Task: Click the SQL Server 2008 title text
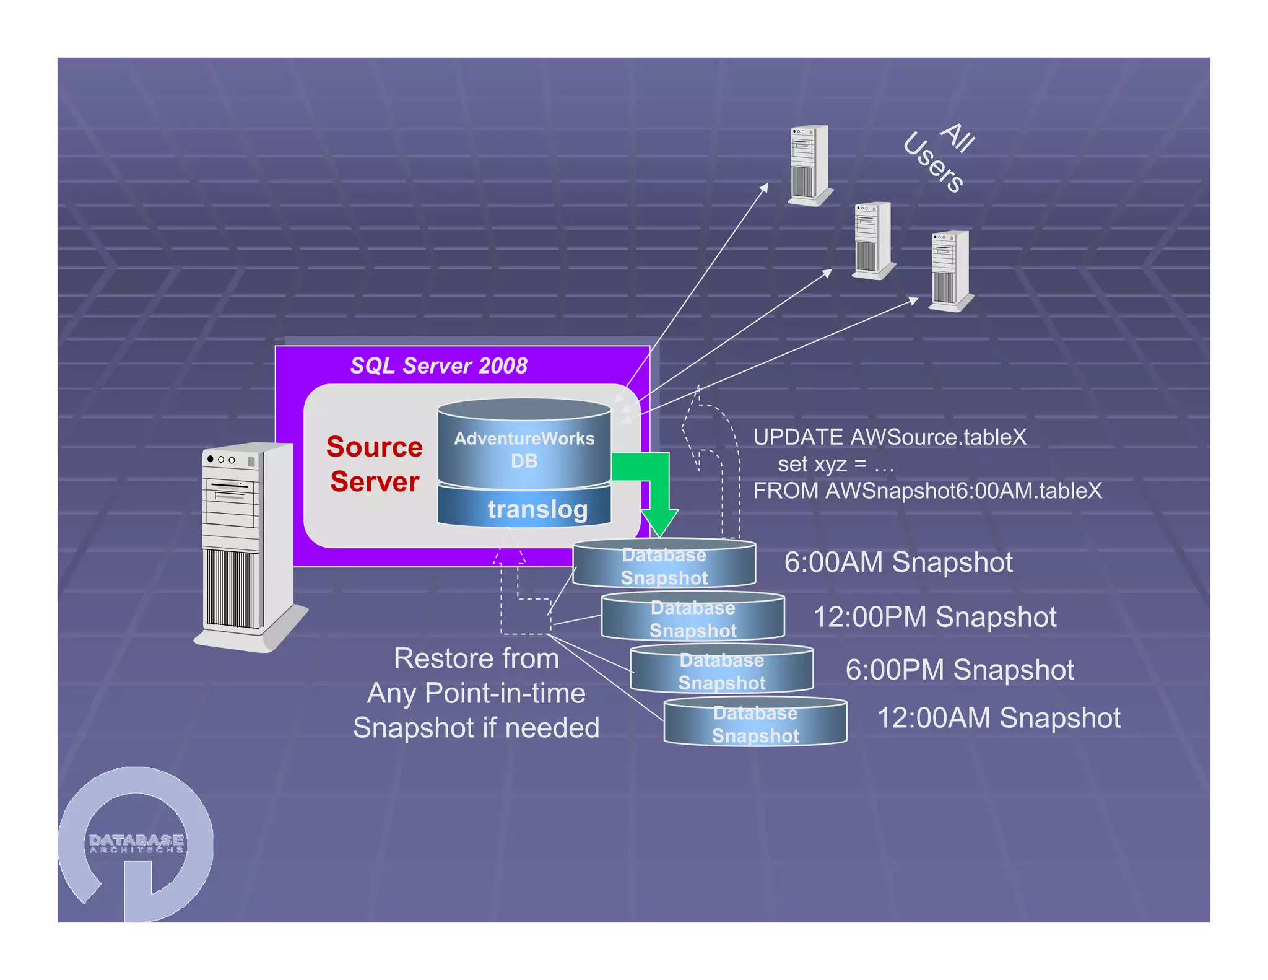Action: tap(438, 365)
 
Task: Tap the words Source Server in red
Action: tap(375, 463)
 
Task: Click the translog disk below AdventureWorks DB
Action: tap(524, 509)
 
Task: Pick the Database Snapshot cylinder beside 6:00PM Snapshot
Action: tap(721, 671)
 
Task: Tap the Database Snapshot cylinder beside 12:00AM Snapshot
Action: tap(755, 724)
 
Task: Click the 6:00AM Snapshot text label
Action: tap(898, 562)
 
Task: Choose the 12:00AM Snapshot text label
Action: tap(998, 718)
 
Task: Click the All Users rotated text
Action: tap(938, 158)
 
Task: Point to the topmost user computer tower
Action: tap(809, 165)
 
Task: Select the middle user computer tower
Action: tap(873, 240)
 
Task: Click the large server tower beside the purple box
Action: tap(248, 545)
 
